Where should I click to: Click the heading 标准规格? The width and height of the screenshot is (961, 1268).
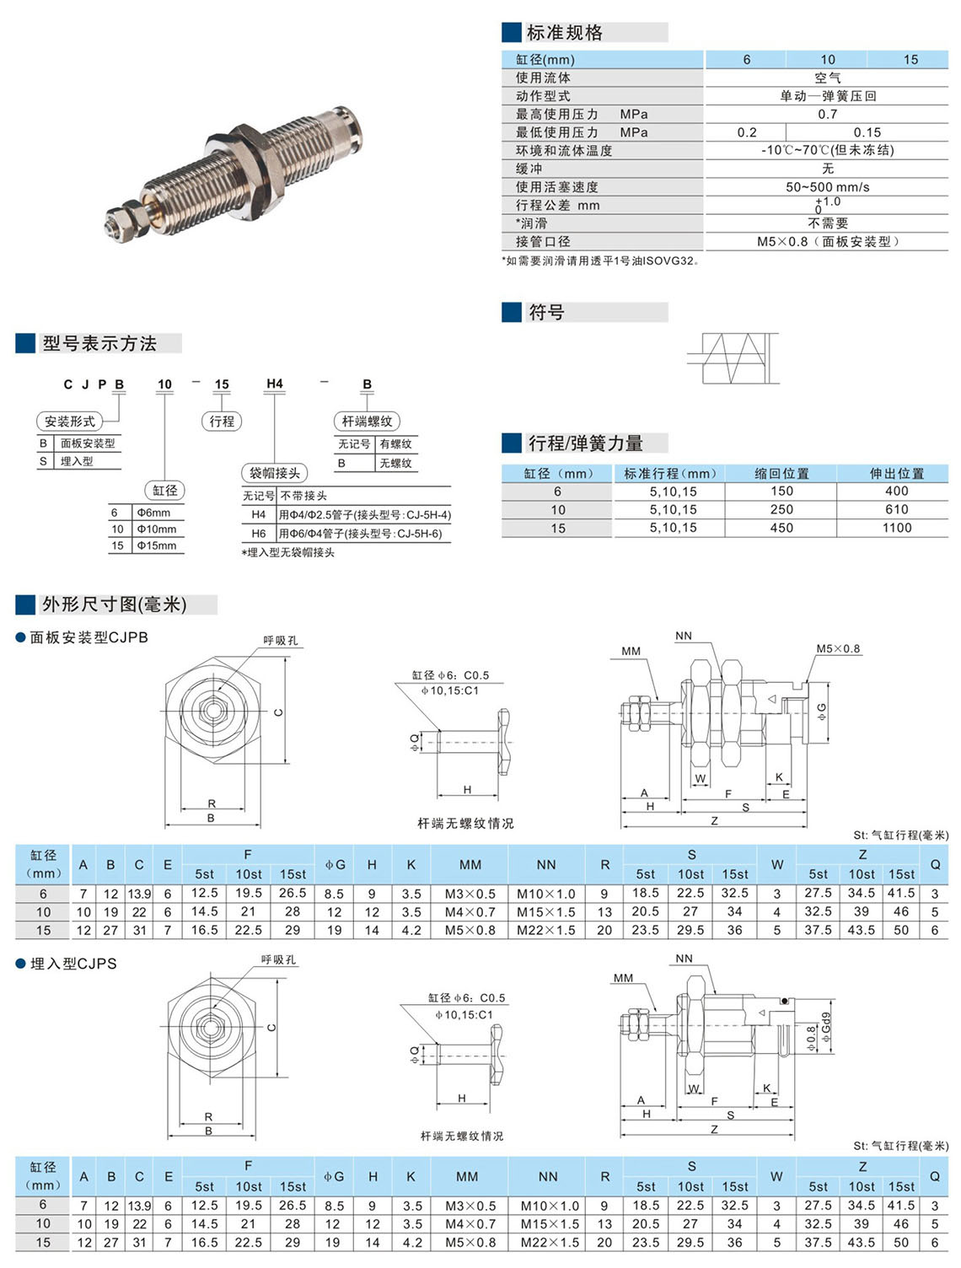(x=564, y=33)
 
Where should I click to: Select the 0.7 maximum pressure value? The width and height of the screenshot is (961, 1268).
(x=827, y=114)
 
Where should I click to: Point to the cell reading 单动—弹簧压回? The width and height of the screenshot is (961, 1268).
(x=827, y=96)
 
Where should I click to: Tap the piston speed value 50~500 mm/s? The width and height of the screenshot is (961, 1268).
(x=827, y=187)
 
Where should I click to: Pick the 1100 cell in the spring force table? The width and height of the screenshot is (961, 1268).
(x=896, y=528)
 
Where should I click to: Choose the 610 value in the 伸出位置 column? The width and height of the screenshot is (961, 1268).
(x=896, y=509)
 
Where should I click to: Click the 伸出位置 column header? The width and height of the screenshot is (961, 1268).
(x=896, y=474)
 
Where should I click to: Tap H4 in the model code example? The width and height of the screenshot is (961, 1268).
(x=275, y=384)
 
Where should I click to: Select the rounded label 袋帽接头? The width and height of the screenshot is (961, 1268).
(x=275, y=473)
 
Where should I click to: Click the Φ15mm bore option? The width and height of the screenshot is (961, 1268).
(x=157, y=545)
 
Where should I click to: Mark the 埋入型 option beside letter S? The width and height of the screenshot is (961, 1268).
(x=77, y=461)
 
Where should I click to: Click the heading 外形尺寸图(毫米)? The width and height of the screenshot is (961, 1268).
(x=115, y=604)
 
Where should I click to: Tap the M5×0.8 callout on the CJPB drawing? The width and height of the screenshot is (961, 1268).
(x=838, y=648)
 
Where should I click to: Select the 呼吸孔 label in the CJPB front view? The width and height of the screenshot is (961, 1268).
(x=280, y=641)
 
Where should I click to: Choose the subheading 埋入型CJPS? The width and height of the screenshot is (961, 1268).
(x=73, y=964)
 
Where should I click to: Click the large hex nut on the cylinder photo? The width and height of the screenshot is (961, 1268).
(x=247, y=165)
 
